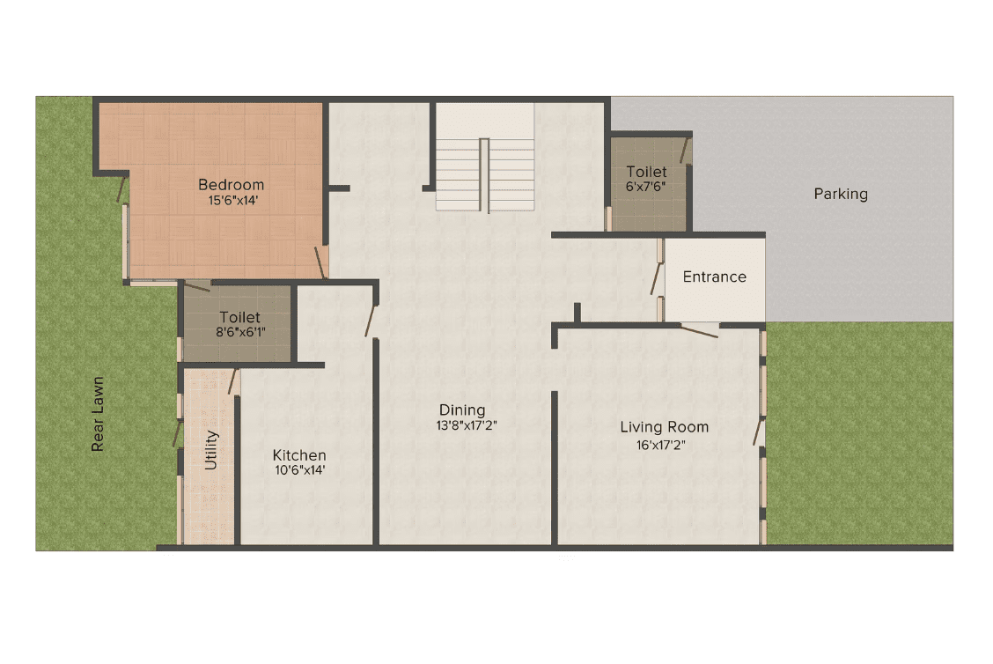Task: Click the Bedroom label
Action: (x=232, y=185)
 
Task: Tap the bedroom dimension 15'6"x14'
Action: (x=233, y=201)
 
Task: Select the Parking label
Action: (x=841, y=194)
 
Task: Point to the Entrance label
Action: (x=714, y=277)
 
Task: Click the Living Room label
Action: (x=665, y=427)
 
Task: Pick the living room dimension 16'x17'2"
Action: (x=660, y=446)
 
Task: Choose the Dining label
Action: (x=462, y=409)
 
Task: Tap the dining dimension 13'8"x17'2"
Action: (x=466, y=425)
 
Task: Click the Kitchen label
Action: (x=299, y=455)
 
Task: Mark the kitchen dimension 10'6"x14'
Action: (x=299, y=470)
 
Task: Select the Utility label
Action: (x=211, y=451)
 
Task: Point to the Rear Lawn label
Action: (x=98, y=415)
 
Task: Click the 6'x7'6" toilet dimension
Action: (x=645, y=187)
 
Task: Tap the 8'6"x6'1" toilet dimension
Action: (x=240, y=332)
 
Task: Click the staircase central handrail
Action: (x=484, y=175)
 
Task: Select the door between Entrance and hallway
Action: (x=656, y=279)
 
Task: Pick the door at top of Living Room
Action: (x=700, y=331)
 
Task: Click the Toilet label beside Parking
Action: (x=646, y=172)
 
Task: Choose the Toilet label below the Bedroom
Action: (x=239, y=317)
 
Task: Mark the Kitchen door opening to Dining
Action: (x=371, y=321)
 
